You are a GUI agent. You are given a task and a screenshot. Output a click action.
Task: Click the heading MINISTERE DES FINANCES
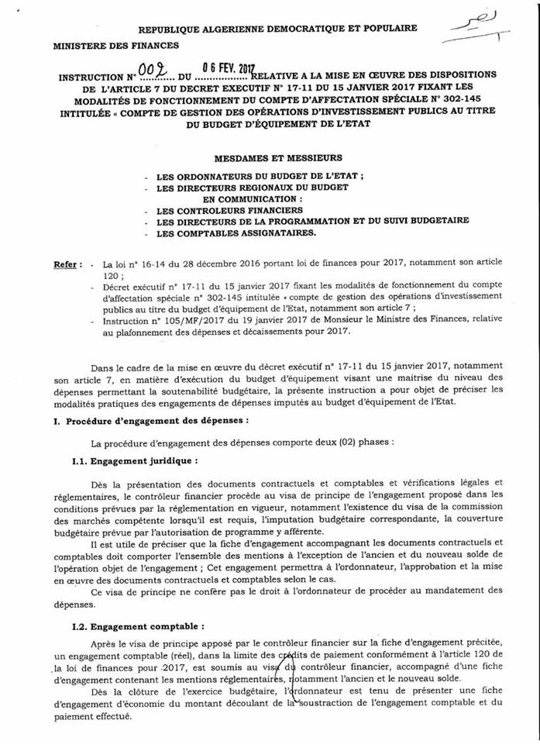coord(115,46)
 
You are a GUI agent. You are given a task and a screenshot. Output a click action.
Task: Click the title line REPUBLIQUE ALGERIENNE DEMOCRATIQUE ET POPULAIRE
coord(277,28)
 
